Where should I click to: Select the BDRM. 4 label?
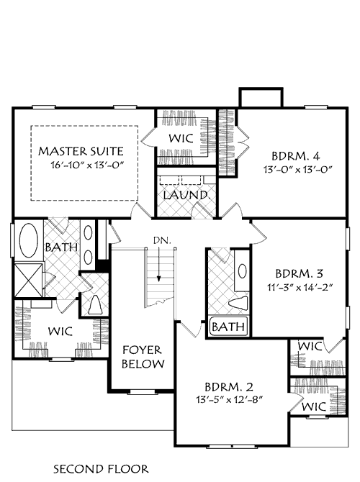click(292, 156)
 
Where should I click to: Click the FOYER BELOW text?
click(142, 357)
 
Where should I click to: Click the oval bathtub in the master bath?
click(29, 242)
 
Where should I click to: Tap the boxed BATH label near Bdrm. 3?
click(228, 328)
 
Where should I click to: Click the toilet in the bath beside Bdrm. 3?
click(238, 304)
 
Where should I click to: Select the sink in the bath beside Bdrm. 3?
click(241, 271)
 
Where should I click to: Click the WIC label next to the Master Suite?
click(178, 138)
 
